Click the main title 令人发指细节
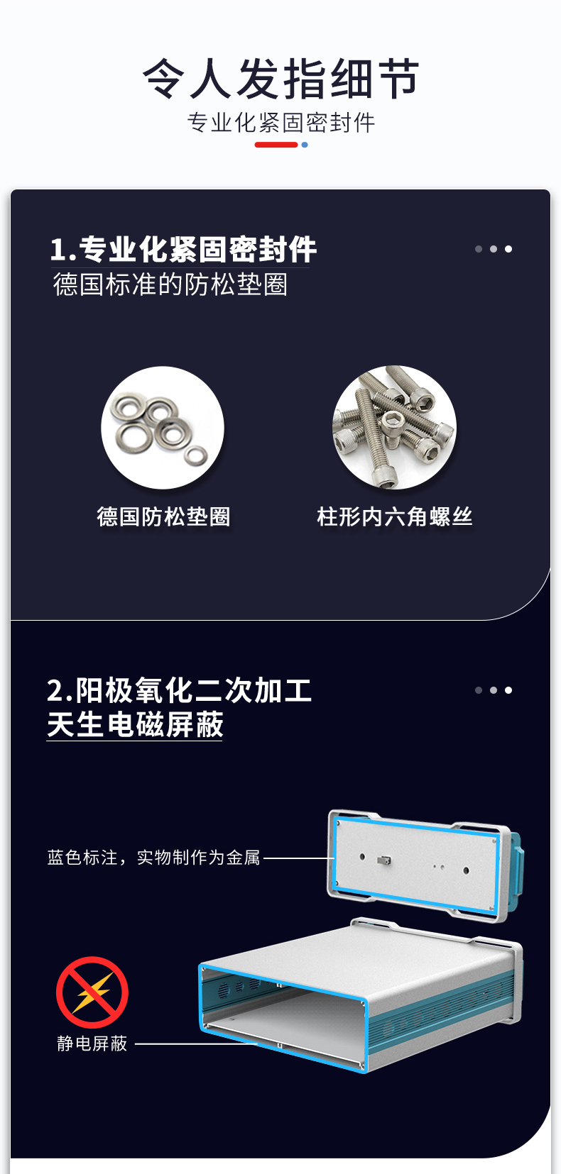[x=280, y=79]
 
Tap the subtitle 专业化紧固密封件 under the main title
[x=280, y=123]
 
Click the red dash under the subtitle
[x=276, y=145]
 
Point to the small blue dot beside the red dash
[x=305, y=145]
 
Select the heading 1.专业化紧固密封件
[x=184, y=249]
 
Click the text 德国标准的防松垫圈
[x=170, y=284]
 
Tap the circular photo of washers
[x=163, y=428]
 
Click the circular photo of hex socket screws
[x=394, y=428]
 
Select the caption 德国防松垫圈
[x=164, y=516]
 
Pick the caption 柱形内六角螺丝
[x=395, y=516]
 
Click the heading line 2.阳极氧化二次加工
[x=180, y=690]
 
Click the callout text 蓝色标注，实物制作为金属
[x=154, y=858]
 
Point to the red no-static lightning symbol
[x=92, y=992]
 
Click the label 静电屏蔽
[x=92, y=1043]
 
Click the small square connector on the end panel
[x=384, y=860]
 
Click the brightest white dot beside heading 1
[x=508, y=249]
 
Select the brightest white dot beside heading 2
[x=508, y=690]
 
